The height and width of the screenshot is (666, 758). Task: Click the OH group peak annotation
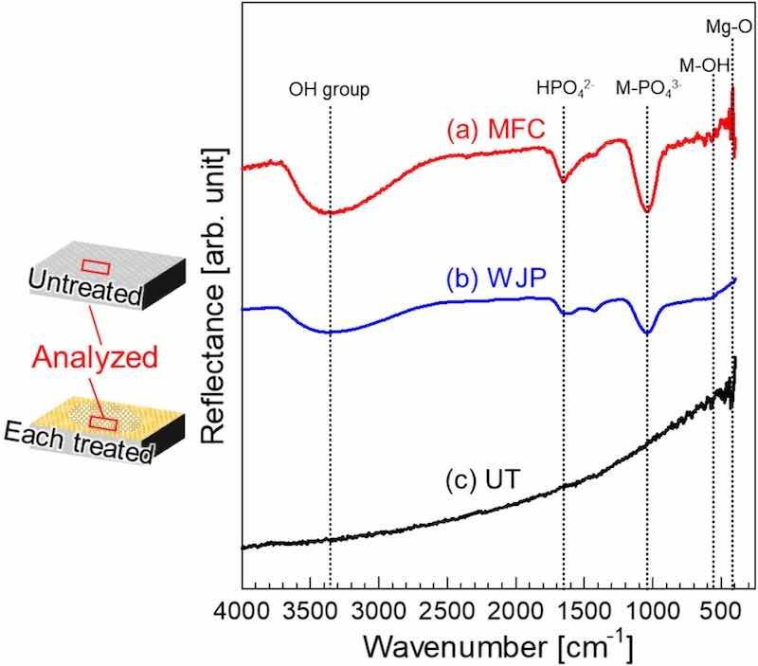coord(329,91)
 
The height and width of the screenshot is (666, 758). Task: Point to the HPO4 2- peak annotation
coord(565,90)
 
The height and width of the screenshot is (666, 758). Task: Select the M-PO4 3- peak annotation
coord(649,90)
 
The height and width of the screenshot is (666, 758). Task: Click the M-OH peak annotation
coord(703,64)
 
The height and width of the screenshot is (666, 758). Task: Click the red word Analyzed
coord(93,357)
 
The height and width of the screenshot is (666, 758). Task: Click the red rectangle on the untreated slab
coord(96,265)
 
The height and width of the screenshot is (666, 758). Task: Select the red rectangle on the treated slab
coord(102,422)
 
